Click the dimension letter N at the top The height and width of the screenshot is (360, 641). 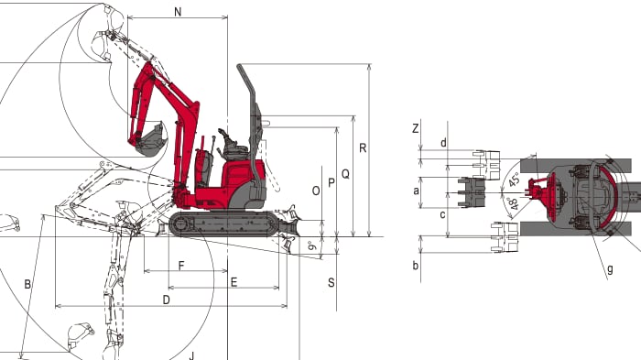[x=178, y=12]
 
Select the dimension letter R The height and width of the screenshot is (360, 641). [x=363, y=148]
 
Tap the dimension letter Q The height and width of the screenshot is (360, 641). [x=345, y=174]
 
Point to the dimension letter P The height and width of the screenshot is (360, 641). [x=331, y=183]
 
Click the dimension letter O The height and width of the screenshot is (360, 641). [x=316, y=191]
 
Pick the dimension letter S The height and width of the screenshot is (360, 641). [x=331, y=283]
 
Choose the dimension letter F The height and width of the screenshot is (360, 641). [x=181, y=266]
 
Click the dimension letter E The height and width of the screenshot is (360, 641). [x=234, y=282]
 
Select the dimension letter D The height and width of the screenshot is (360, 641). [x=166, y=300]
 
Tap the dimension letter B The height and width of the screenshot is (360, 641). [x=27, y=284]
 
